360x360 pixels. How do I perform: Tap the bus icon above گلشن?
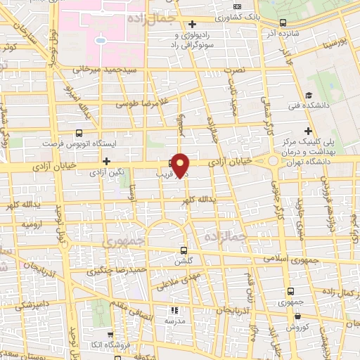[184, 250]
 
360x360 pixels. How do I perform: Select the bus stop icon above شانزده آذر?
[283, 22]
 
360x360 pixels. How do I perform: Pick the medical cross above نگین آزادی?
[106, 162]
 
